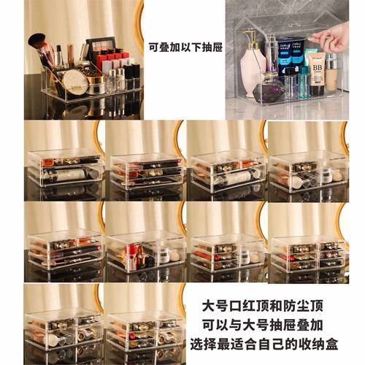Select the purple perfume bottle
pyautogui.click(x=269, y=89)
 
